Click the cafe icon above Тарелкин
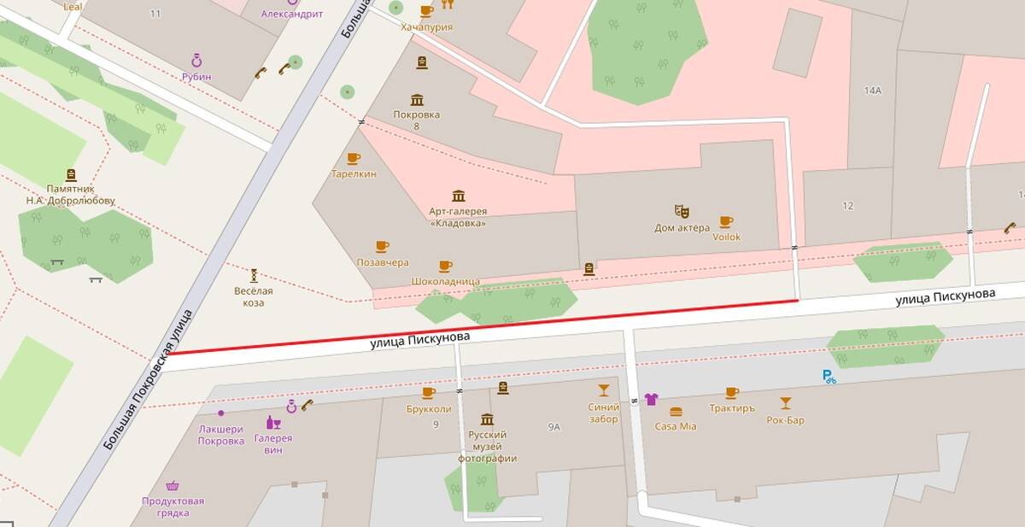353,158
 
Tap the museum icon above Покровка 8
417,100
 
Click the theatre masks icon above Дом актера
681,210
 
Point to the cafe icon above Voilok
726,221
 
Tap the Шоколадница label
445,281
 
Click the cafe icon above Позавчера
382,247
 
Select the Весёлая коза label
254,296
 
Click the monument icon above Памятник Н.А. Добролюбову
70,174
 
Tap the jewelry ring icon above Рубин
196,61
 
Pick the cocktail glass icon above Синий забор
604,390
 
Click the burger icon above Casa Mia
676,412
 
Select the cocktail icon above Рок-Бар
785,403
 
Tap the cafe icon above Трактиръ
731,393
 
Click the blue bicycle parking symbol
829,377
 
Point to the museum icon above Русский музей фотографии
487,419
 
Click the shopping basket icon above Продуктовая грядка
173,485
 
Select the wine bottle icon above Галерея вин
272,423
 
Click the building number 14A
872,90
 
